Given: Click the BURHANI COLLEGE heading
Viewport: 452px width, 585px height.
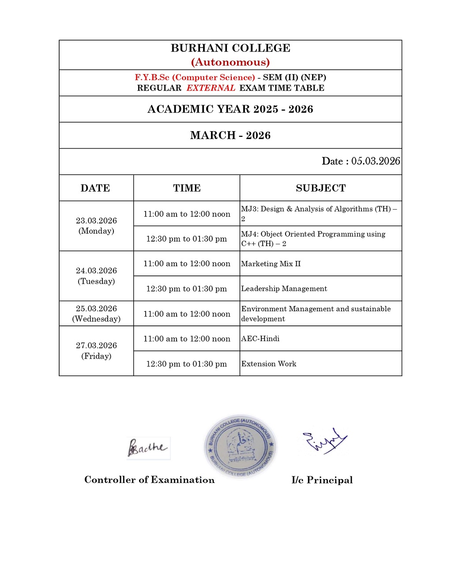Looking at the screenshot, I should [230, 48].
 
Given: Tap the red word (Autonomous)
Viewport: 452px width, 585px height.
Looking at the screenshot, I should [230, 62].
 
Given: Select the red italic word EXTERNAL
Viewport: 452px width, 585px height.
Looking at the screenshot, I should [211, 88].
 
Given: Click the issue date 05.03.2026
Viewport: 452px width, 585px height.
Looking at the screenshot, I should [376, 161].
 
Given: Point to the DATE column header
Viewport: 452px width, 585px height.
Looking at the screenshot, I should [95, 188].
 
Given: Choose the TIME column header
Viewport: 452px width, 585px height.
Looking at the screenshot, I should [187, 188].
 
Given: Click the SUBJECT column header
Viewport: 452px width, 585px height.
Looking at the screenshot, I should [321, 188].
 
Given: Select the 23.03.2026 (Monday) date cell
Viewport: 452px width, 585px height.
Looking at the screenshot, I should [96, 226].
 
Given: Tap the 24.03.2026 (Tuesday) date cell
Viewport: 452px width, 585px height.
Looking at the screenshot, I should [96, 276].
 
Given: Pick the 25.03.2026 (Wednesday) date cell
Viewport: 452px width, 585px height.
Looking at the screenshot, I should [96, 313].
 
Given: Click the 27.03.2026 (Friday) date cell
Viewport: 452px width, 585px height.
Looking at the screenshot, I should [96, 351].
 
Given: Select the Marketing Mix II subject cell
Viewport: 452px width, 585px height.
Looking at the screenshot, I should [271, 264].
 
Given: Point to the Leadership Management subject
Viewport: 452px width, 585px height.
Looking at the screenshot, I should [284, 289].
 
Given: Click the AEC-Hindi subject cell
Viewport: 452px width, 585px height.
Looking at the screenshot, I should [260, 339].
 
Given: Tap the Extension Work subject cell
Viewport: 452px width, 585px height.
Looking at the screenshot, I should [269, 364].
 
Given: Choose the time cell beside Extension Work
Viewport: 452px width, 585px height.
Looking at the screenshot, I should [187, 364].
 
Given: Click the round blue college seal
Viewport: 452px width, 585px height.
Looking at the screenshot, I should [241, 446].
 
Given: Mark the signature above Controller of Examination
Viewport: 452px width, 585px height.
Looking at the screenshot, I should [148, 448].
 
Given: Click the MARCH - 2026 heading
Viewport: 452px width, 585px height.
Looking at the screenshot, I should [230, 136].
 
